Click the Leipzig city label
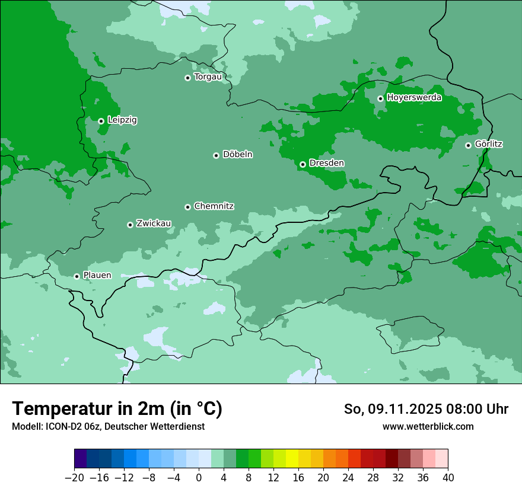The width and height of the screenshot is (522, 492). tap(122, 120)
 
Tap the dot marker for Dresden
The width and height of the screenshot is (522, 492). tap(303, 164)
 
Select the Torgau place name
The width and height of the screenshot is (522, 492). tap(208, 77)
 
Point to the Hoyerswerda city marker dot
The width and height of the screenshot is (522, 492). tap(380, 98)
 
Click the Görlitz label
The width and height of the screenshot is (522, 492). tap(489, 144)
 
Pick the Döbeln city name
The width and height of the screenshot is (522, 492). tap(237, 155)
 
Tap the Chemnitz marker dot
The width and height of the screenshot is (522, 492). tap(187, 207)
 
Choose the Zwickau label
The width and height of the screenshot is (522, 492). tap(154, 223)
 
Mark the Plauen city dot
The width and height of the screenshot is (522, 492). tap(77, 276)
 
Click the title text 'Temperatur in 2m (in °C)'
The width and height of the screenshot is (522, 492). tap(117, 408)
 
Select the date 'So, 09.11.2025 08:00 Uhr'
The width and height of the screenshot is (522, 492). tap(426, 409)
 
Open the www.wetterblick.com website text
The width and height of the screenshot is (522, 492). tap(428, 426)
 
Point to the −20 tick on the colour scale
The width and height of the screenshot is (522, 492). tap(74, 478)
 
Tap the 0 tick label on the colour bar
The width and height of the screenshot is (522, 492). tap(199, 478)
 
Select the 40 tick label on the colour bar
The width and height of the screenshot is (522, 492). tap(448, 478)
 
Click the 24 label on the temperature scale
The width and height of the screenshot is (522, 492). tap(348, 478)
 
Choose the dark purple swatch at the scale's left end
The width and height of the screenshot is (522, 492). tap(80, 459)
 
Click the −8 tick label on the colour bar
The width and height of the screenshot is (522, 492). tap(149, 478)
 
